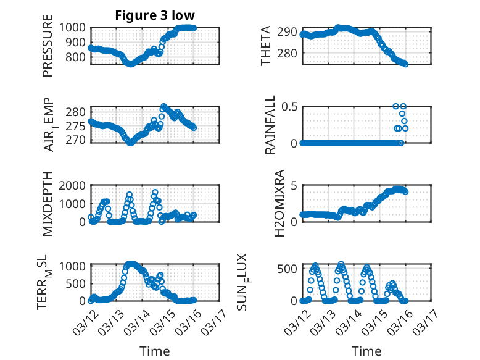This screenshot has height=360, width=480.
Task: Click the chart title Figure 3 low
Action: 155,15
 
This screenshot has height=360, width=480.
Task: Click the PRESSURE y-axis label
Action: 48,46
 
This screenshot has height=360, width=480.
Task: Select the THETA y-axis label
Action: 266,46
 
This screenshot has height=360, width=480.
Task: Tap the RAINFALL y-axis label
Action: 270,125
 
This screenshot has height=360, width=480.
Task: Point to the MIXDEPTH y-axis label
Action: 48,204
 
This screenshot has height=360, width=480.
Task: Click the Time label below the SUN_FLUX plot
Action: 366,351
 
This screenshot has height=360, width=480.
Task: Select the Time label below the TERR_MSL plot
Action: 154,351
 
